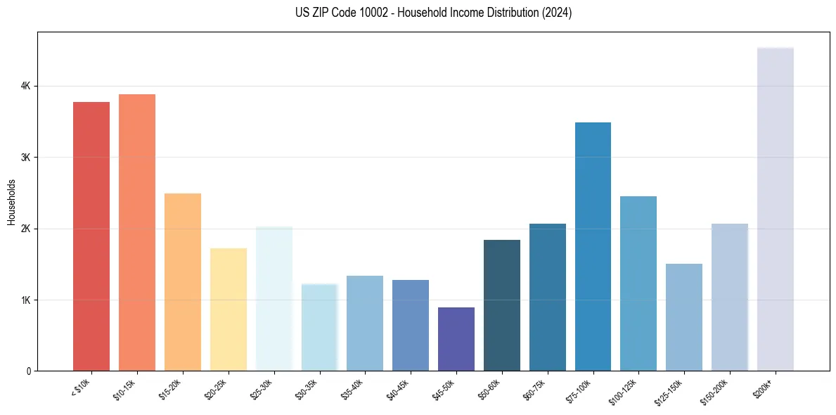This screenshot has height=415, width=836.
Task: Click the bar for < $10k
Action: (x=91, y=236)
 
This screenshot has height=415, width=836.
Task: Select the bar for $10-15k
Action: (x=137, y=232)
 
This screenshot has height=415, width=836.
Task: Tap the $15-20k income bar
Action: (x=183, y=281)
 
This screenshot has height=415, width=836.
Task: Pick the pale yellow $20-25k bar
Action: (x=229, y=309)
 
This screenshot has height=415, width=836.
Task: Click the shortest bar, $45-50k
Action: (x=456, y=339)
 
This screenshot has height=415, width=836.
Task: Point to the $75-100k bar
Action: (x=593, y=246)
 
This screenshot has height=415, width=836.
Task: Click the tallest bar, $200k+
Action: (x=775, y=209)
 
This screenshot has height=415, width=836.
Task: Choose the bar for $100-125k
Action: (x=638, y=283)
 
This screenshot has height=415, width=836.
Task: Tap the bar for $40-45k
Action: (x=411, y=325)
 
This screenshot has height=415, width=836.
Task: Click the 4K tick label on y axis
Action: (x=26, y=86)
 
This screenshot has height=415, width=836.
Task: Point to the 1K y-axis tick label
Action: (x=26, y=300)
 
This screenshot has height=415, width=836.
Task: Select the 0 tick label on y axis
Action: (x=28, y=371)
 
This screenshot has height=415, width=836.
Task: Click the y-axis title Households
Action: (x=11, y=202)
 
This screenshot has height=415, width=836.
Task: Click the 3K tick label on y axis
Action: (x=26, y=158)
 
